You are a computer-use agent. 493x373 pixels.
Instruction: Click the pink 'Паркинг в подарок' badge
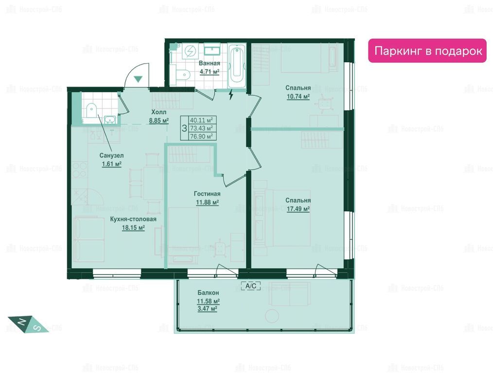pos(427,51)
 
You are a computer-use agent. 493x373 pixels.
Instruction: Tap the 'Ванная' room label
pos(210,63)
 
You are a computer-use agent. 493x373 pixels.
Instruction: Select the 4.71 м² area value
pos(210,71)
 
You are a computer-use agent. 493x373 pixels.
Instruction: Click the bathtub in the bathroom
pos(237,65)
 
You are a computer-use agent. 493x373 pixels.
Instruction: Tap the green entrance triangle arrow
pos(138,79)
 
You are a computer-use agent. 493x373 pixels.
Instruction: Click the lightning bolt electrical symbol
pos(231,94)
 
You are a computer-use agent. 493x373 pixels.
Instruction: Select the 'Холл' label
pos(159,112)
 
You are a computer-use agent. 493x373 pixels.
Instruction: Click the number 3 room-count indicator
pos(185,128)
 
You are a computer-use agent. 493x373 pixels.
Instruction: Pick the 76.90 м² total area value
pos(202,136)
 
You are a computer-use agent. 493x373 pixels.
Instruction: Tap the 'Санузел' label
pos(112,155)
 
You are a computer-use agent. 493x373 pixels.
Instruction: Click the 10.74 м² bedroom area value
pos(298,96)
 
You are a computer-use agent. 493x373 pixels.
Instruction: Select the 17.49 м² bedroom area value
pos(298,209)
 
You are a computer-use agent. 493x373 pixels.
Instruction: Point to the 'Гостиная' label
pos(207,194)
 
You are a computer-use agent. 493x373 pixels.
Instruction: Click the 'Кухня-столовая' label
pos(133,219)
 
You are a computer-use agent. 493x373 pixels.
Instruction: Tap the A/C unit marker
pos(250,286)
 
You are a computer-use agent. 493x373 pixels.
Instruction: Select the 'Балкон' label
pos(208,293)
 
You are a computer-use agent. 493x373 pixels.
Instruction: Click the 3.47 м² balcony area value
pos(207,308)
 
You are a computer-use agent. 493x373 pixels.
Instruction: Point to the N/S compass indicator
pos(28,324)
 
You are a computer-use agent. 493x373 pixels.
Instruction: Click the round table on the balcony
pos(272,316)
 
